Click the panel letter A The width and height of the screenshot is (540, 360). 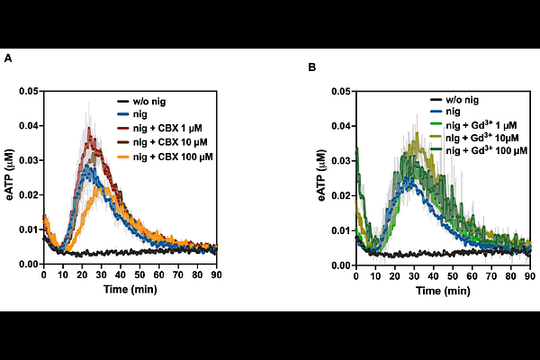click(8, 58)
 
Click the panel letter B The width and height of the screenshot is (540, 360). click(312, 67)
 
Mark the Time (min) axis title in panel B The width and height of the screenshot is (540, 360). click(444, 292)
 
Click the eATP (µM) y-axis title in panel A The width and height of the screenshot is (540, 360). click(10, 177)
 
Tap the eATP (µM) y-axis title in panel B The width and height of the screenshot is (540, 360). click(323, 178)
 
